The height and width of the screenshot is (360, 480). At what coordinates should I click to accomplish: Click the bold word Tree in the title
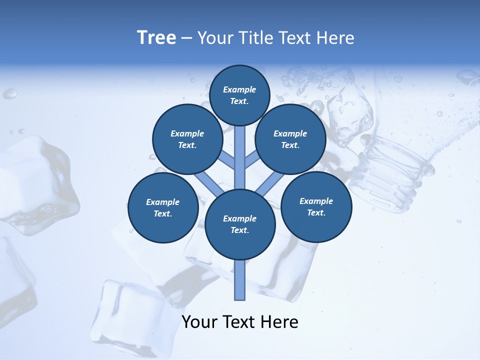156,38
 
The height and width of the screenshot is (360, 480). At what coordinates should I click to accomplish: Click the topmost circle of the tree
239,95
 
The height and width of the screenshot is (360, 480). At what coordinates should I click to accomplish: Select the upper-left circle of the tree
187,139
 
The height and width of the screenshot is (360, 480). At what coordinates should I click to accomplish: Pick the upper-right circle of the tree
290,139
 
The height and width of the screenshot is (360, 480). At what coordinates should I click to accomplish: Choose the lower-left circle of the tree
163,208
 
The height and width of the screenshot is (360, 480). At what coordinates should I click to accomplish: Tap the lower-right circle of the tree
316,206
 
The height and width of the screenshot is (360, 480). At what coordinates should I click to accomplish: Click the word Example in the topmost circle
239,89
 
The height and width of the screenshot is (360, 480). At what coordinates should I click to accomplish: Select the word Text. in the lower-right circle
316,212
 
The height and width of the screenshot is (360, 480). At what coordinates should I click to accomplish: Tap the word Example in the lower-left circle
162,202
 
